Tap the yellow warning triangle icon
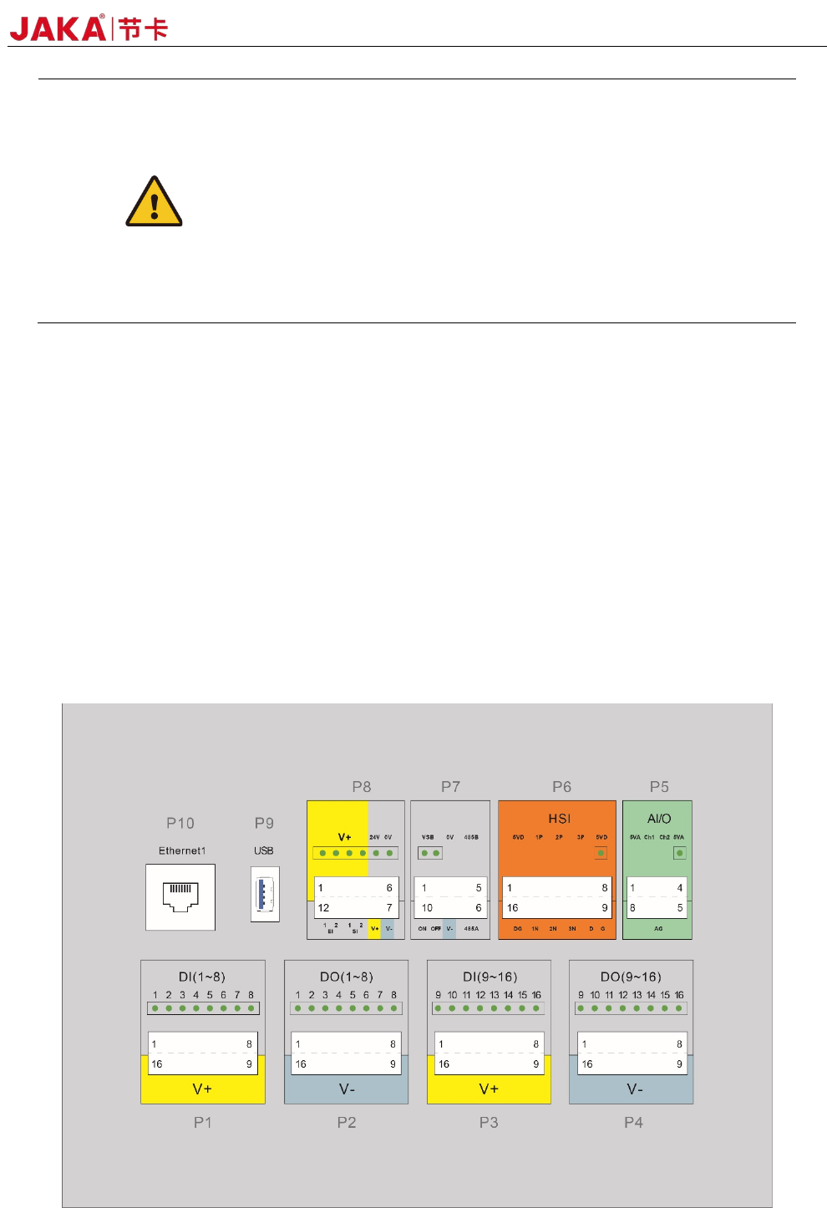154,202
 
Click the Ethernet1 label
182,850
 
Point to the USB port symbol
264,894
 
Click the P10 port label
180,823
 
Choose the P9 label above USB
264,823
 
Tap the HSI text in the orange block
559,819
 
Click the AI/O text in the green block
659,819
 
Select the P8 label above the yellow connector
361,786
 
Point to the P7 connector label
450,786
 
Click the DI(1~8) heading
202,977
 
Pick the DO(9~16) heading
631,977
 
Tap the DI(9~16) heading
490,977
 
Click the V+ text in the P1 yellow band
202,1089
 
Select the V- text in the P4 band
635,1089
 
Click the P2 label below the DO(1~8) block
347,1122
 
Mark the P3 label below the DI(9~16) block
489,1122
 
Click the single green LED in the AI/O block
679,853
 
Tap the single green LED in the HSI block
601,853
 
